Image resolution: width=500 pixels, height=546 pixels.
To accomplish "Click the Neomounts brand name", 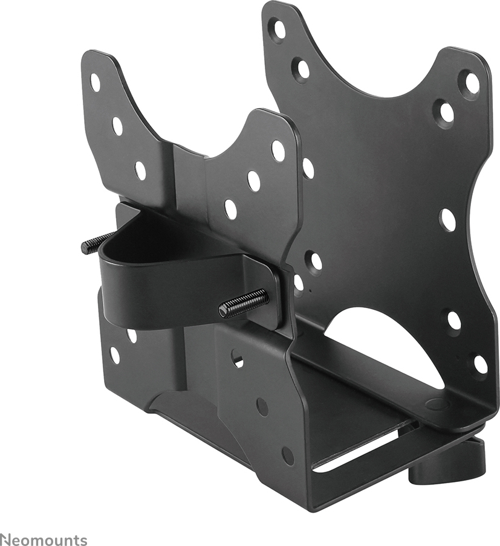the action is [44, 539].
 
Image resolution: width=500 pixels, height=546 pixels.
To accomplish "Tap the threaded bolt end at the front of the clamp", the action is [244, 304].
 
